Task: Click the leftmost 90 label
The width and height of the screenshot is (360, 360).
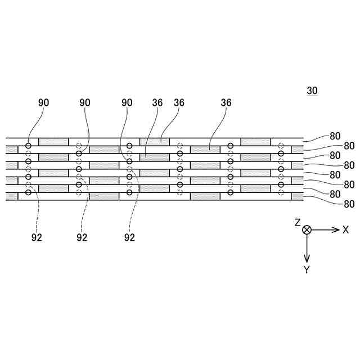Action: (x=44, y=103)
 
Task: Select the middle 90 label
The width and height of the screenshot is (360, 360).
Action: (x=85, y=103)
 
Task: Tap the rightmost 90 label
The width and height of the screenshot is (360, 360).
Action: (x=127, y=103)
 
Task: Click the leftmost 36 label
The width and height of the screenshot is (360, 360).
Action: (x=157, y=103)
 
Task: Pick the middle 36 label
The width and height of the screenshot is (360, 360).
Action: (x=179, y=103)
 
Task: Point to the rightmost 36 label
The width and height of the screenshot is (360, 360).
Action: (x=226, y=103)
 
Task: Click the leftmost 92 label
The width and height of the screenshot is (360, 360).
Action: (x=37, y=237)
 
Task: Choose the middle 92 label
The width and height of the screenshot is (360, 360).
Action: (x=82, y=237)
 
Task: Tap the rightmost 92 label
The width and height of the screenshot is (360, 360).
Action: (x=129, y=237)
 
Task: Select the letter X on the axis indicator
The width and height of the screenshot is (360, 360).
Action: (x=345, y=229)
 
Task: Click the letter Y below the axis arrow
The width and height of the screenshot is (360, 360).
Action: (x=307, y=270)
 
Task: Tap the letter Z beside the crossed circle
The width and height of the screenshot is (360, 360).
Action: (x=298, y=223)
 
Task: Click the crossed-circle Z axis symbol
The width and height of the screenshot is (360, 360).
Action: (x=307, y=229)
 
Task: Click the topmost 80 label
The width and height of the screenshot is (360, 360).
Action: (x=335, y=136)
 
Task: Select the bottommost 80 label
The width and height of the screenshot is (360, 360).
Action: (x=349, y=204)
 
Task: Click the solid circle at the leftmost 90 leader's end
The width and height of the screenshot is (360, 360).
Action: (x=28, y=146)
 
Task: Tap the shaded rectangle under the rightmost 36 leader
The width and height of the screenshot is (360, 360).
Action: (x=205, y=149)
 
